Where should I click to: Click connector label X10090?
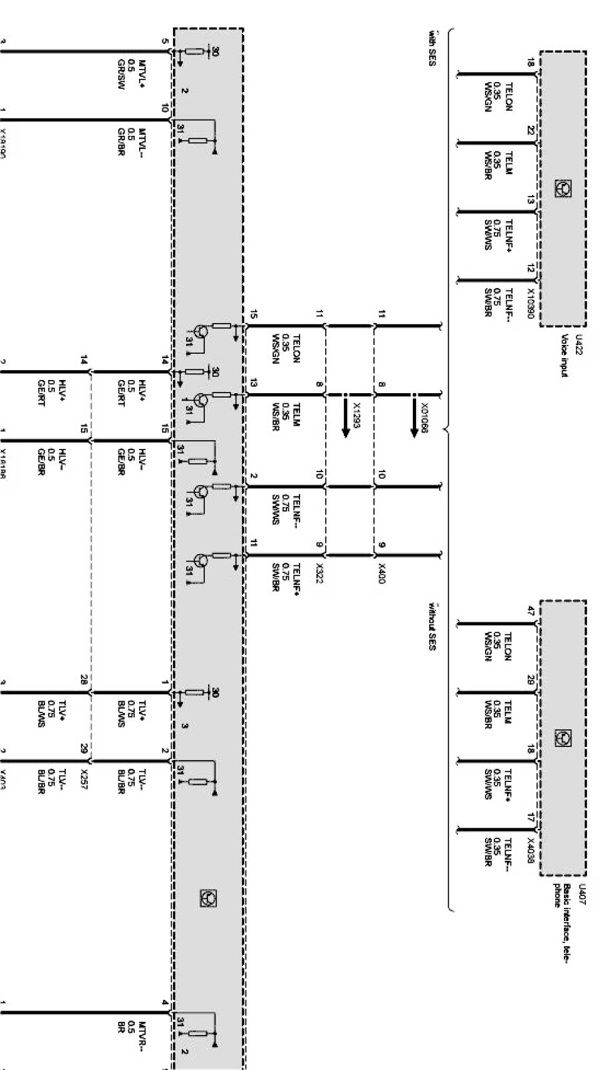529,303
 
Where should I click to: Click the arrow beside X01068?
414,423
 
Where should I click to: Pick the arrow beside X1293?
345,423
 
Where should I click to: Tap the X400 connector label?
382,573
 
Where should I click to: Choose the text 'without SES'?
432,626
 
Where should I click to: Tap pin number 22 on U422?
530,130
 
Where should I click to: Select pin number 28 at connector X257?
83,680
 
